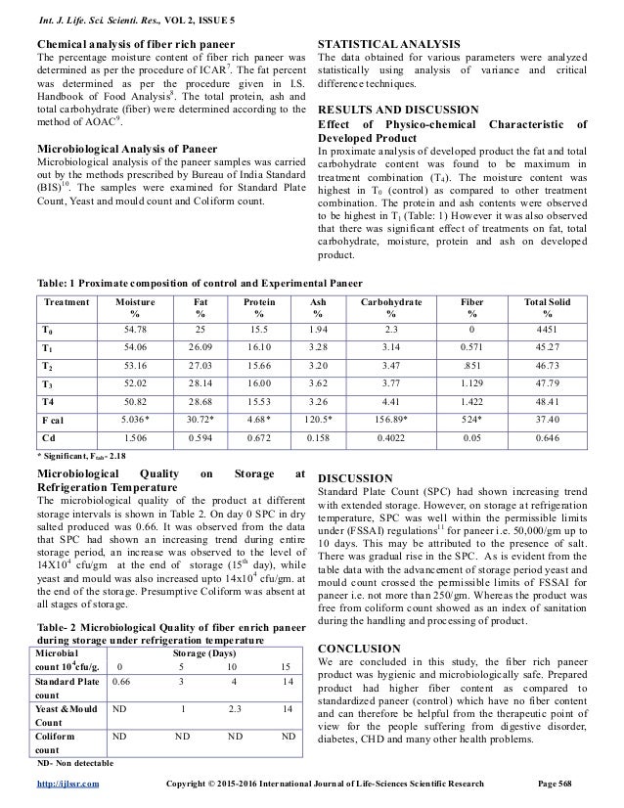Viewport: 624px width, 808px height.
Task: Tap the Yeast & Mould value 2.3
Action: click(x=235, y=708)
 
